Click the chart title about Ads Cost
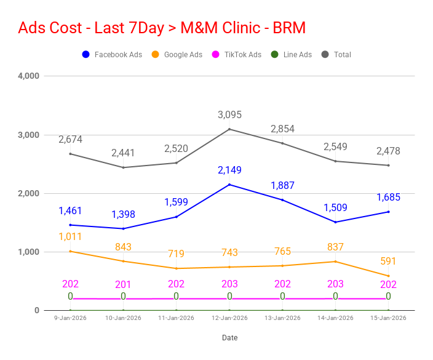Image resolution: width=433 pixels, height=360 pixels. click(x=162, y=28)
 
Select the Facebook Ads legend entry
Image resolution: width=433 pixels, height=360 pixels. click(x=112, y=55)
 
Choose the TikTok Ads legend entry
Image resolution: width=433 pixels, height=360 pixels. click(x=236, y=55)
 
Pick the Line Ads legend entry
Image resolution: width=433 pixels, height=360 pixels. click(x=292, y=55)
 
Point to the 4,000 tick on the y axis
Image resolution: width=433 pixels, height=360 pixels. click(x=29, y=76)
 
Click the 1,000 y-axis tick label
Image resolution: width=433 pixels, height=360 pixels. click(x=29, y=252)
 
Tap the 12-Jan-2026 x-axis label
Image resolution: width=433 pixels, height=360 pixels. click(x=229, y=318)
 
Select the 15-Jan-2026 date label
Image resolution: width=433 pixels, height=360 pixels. click(x=389, y=318)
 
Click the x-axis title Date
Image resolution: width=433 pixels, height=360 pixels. click(x=229, y=338)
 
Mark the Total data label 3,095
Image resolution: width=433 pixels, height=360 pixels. click(x=229, y=115)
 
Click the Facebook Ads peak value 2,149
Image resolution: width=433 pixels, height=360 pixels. click(x=229, y=170)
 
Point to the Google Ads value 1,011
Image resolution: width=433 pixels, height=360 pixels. click(x=70, y=236)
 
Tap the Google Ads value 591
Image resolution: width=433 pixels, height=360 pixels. click(x=389, y=261)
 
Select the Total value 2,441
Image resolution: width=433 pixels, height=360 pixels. click(x=124, y=153)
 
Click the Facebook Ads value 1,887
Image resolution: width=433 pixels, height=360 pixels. click(x=283, y=185)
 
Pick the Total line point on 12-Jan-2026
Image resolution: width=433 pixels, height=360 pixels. click(x=229, y=129)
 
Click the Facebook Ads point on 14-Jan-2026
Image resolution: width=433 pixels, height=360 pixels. click(x=336, y=222)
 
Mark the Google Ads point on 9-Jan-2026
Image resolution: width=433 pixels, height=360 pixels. click(x=70, y=251)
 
